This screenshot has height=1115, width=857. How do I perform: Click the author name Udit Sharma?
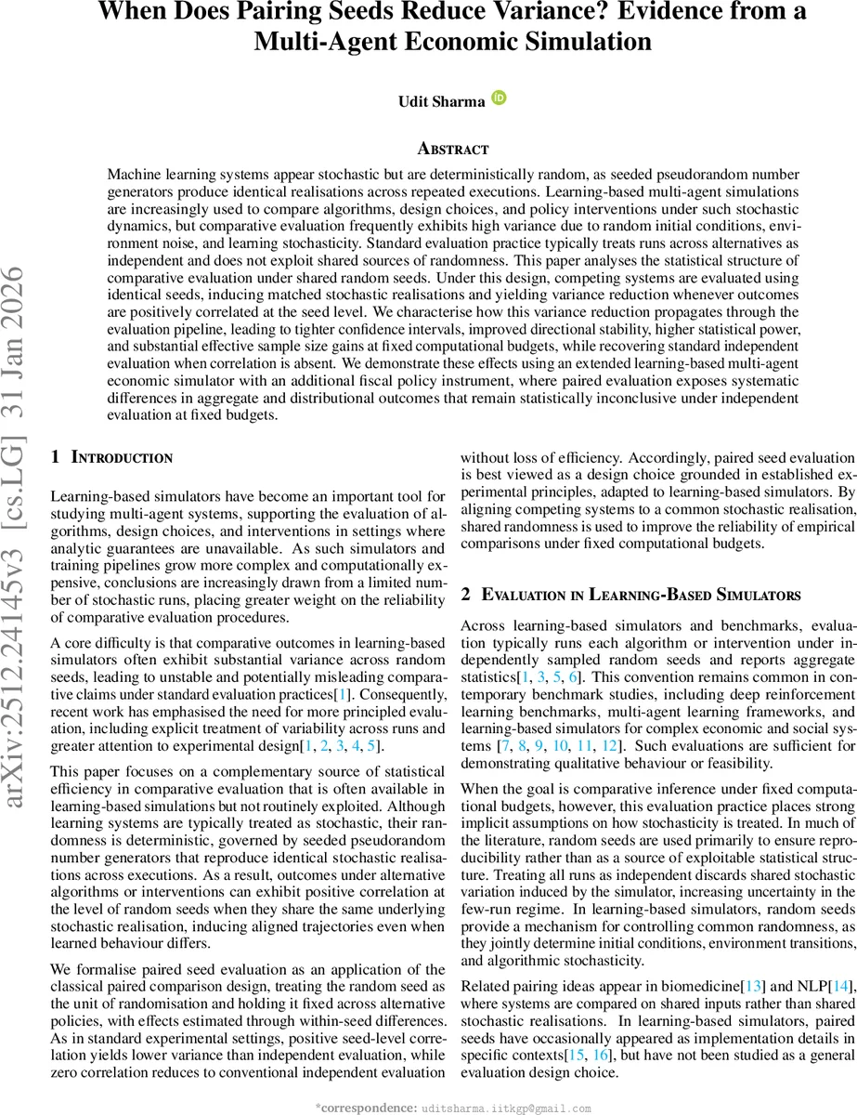click(441, 101)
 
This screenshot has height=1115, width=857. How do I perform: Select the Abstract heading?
click(452, 149)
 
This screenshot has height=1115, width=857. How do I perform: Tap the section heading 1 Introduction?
click(110, 457)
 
